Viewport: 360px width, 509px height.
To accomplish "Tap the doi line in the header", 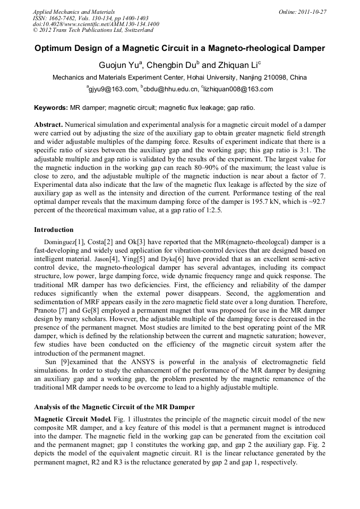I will tap(96, 24).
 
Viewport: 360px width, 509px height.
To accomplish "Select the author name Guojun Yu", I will tap(118, 65).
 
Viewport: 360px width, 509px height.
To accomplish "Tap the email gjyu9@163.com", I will tap(113, 89).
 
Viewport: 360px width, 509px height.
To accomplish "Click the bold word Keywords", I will tap(50, 107).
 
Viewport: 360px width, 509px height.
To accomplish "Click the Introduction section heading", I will tap(54, 230).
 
